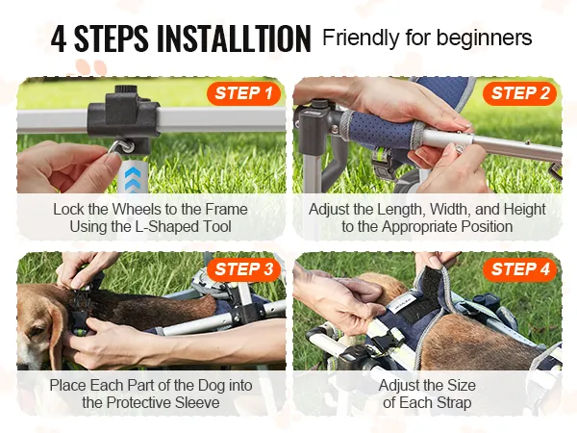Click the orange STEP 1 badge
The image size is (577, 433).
(x=244, y=93)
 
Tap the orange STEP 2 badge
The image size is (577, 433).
(x=519, y=93)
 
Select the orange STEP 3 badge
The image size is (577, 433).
(x=244, y=269)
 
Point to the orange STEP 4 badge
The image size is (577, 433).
(x=519, y=269)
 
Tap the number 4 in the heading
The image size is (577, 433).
(x=59, y=38)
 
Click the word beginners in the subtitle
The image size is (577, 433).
(x=485, y=38)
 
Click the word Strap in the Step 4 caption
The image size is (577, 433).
(x=454, y=403)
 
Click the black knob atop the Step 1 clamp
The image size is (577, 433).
(x=125, y=89)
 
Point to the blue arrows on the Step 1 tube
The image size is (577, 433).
(x=132, y=178)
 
